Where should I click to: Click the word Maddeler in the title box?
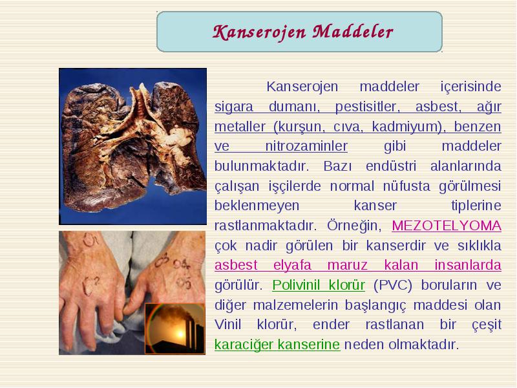(x=353, y=32)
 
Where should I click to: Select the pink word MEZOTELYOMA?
(x=447, y=226)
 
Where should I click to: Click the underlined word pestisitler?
(x=367, y=107)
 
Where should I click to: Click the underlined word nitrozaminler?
(x=306, y=146)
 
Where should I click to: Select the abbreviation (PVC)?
(x=393, y=285)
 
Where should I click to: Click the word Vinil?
(x=228, y=325)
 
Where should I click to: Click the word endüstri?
(x=391, y=166)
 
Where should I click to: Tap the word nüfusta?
(x=406, y=186)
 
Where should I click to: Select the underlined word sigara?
(x=234, y=107)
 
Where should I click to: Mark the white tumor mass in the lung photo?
(x=177, y=137)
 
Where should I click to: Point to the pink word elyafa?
(x=292, y=265)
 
